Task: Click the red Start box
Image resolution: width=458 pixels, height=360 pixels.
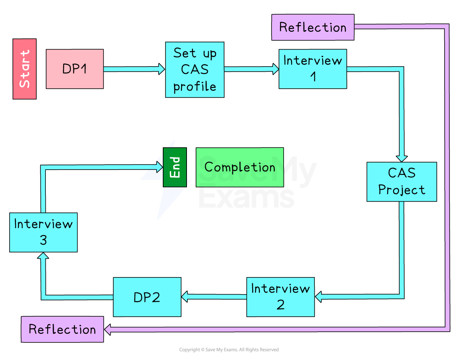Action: coord(25,69)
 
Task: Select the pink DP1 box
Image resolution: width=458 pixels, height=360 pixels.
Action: coord(75,69)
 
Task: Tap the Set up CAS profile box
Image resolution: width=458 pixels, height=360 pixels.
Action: coord(194,70)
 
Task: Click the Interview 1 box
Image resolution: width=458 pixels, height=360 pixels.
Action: coord(312,69)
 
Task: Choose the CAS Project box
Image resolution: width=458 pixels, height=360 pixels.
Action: coord(401,182)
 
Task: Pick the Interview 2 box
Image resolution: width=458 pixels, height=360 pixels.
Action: coord(280,297)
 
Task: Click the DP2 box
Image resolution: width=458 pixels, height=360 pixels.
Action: coord(147,297)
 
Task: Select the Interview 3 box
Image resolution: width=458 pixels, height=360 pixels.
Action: coord(43,232)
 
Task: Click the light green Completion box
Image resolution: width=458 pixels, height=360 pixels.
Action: coord(239,167)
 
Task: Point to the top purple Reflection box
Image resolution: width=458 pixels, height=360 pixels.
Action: coord(313,27)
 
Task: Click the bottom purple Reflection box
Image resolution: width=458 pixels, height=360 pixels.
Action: coord(62,329)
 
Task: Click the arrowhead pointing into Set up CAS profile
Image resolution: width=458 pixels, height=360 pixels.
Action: coord(162,69)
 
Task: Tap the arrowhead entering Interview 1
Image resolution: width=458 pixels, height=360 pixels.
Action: coord(275,69)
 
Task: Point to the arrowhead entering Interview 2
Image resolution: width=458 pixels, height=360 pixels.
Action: coord(319,297)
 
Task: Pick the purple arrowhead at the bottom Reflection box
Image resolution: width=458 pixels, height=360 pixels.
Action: coord(107,330)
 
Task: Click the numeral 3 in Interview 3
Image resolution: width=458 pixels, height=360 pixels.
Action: coord(43,240)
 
